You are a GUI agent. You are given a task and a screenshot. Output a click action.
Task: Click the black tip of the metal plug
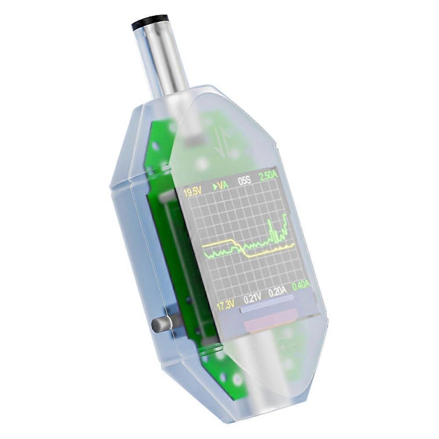tap(150, 22)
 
